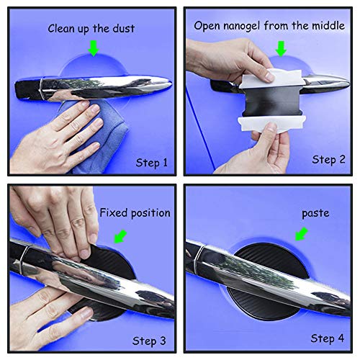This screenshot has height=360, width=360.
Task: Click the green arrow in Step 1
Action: [x=92, y=48]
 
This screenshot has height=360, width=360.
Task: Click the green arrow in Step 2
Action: [x=282, y=48]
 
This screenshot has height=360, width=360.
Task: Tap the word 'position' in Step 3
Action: [x=150, y=213]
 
